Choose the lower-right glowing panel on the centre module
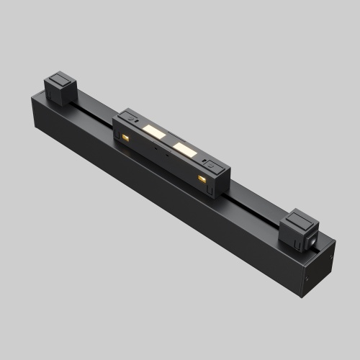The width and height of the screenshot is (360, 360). [x=184, y=150]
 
